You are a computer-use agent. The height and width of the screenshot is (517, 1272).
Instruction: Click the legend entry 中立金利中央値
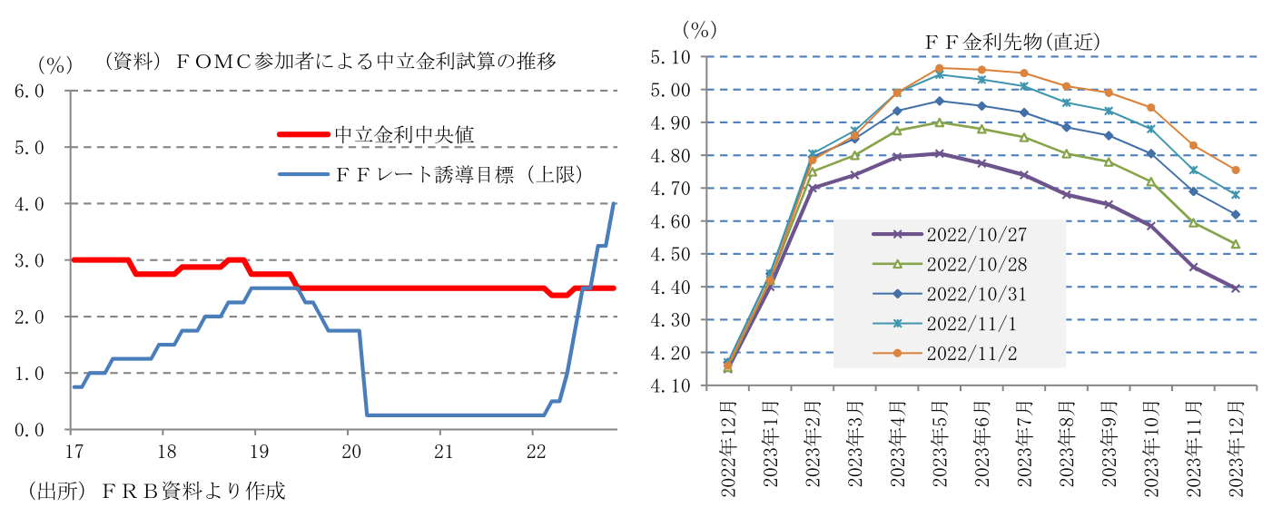(405, 134)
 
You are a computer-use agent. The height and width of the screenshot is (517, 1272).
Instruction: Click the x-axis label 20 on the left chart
(349, 451)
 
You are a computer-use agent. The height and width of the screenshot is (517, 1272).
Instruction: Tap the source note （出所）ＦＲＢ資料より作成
(156, 492)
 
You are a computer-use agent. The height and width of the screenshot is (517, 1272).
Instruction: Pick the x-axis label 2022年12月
(727, 445)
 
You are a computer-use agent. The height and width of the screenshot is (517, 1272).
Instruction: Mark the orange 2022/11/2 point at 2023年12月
(1236, 170)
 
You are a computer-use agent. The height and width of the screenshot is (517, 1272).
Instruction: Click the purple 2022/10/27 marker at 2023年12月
(1236, 288)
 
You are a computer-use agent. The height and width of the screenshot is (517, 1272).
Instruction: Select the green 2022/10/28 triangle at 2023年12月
(1236, 244)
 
